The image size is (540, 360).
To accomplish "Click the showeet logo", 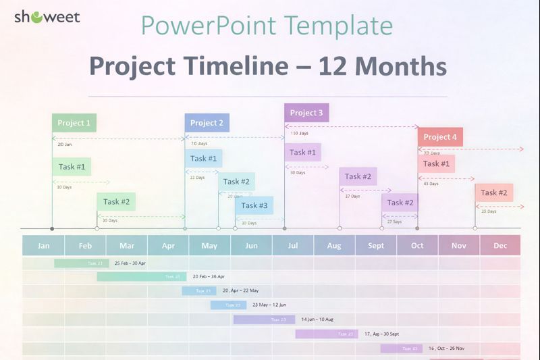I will point(47,17).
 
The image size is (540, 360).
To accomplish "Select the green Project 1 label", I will point(74,123).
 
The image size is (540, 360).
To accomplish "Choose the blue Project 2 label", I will point(207,123).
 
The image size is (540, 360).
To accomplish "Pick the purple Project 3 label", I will point(306,113).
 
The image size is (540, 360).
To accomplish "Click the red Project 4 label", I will point(440,137).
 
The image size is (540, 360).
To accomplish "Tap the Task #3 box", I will point(254,205).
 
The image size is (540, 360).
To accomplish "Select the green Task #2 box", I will point(116,201).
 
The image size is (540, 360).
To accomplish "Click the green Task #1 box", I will point(72,167).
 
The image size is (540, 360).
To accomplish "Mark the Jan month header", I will point(43,245).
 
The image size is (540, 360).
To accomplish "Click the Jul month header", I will point(293,245).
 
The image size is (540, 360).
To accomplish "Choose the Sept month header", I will point(376,245).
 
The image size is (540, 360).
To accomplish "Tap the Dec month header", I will point(500,245).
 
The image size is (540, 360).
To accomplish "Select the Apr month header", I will point(168,245).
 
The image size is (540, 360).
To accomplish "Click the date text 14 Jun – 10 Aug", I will point(317,319).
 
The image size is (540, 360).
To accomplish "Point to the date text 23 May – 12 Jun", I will point(269,305).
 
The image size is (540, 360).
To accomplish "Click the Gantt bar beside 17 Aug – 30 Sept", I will point(326,334).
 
